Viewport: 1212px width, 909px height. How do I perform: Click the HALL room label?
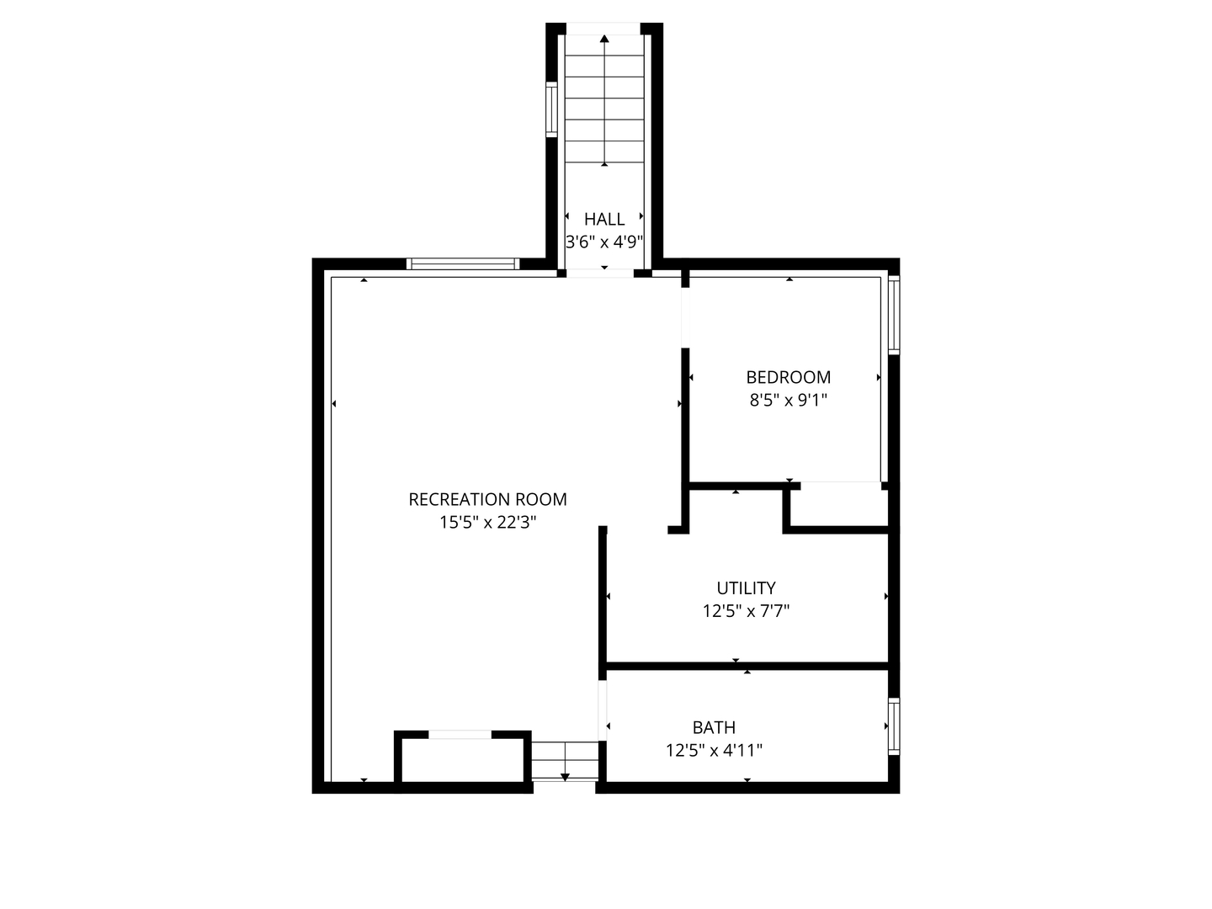[x=604, y=219]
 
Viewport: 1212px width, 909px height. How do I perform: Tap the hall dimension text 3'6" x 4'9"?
[x=604, y=242]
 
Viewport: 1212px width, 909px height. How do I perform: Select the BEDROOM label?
[x=788, y=378]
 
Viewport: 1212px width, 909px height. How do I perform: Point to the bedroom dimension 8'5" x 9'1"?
[x=788, y=400]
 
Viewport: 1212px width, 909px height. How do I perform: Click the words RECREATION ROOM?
[x=487, y=499]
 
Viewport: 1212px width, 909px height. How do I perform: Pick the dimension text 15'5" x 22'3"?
[x=487, y=522]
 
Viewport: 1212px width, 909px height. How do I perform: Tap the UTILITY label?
[x=746, y=587]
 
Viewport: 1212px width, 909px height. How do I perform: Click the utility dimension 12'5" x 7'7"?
[x=746, y=611]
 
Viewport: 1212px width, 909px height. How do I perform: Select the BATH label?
[x=714, y=727]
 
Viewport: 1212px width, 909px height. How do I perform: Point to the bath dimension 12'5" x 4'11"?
[x=714, y=751]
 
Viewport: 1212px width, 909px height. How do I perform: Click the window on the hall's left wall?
[x=551, y=109]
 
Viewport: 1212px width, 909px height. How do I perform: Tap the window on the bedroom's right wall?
[x=894, y=315]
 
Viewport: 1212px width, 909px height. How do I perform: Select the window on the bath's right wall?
[x=894, y=726]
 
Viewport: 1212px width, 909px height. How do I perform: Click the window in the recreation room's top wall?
[x=463, y=263]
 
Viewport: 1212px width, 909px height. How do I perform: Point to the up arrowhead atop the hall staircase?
[x=604, y=39]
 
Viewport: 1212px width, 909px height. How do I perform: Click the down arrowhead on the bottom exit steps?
[x=565, y=778]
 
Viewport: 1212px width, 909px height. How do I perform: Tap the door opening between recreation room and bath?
[x=603, y=711]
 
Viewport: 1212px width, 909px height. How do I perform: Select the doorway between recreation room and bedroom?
[x=685, y=318]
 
